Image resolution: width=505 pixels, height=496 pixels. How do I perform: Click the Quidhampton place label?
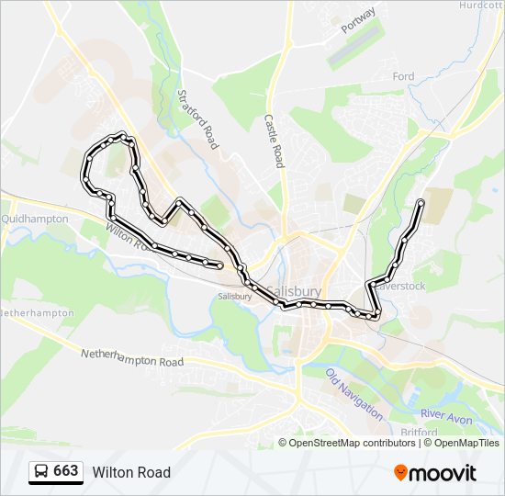pos(35,220)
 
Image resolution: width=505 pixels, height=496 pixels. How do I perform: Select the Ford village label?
pos(404,77)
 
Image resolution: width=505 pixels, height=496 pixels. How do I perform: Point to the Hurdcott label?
pos(482,5)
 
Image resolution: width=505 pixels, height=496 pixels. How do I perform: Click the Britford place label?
pos(421,432)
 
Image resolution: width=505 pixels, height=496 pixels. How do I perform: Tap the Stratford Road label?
pos(197,119)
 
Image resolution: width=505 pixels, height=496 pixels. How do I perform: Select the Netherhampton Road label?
pos(133,357)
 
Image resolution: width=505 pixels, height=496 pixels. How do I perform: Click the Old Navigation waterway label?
pos(354,394)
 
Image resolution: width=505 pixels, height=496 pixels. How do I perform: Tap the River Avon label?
pos(447,415)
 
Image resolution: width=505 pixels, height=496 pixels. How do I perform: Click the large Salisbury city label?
pos(294,290)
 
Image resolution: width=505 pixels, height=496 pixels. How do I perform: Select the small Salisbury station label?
pos(235,297)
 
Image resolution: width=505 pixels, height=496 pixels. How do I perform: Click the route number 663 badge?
pos(65,471)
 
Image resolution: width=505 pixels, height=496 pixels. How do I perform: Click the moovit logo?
pos(435,473)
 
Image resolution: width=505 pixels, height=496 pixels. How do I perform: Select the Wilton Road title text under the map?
pos(131,472)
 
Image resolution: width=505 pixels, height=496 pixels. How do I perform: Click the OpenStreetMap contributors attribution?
pos(352,443)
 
